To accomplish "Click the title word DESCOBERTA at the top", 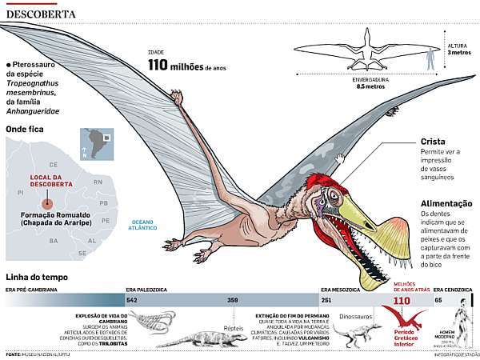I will (x=41, y=14).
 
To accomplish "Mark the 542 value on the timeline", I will (x=133, y=300).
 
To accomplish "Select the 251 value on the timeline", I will (x=326, y=300).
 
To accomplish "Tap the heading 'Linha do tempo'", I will (x=38, y=277).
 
